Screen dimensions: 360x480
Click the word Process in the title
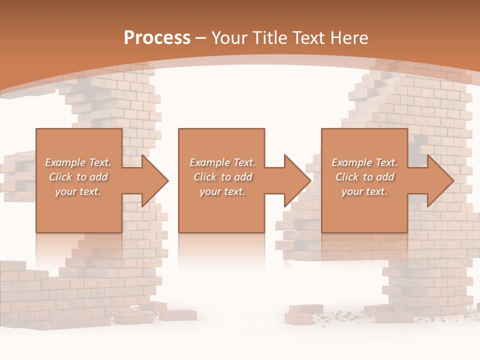(x=157, y=38)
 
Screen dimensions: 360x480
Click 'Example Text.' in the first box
(x=78, y=162)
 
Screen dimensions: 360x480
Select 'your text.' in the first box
(x=78, y=191)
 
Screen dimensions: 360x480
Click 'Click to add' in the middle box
(x=222, y=177)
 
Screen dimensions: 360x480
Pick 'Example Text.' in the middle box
(x=222, y=162)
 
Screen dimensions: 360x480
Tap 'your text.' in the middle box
(x=222, y=191)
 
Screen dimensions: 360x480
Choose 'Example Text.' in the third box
(x=364, y=162)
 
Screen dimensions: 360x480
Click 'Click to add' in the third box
(x=364, y=177)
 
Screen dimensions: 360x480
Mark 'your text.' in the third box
(x=364, y=191)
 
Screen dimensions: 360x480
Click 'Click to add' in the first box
(x=78, y=177)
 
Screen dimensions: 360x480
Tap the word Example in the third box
(x=352, y=162)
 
